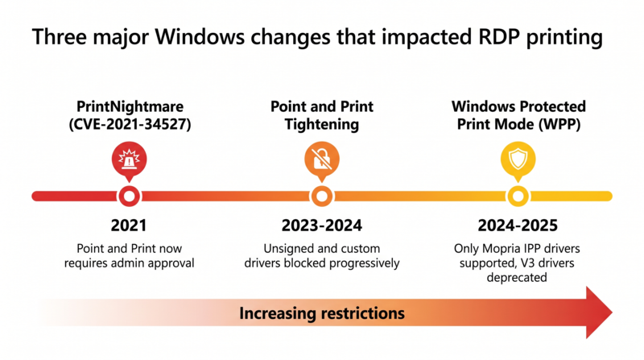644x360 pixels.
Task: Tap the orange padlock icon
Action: pyautogui.click(x=321, y=162)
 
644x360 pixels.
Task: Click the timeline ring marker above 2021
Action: pyautogui.click(x=129, y=196)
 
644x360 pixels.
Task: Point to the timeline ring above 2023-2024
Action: pyautogui.click(x=321, y=196)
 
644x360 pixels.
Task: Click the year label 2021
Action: pyautogui.click(x=129, y=225)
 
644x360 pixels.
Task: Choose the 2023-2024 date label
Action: pyautogui.click(x=321, y=225)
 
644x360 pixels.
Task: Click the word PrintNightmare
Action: pyautogui.click(x=129, y=106)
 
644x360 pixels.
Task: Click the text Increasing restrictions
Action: pyautogui.click(x=321, y=312)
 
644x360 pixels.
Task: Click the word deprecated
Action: pyautogui.click(x=518, y=277)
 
